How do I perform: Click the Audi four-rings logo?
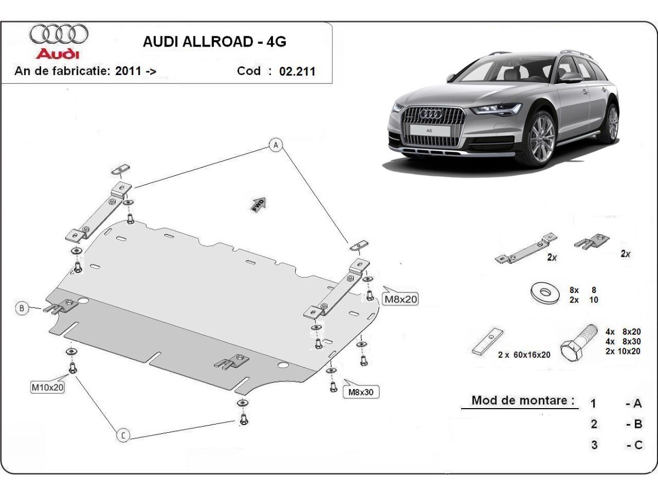click(x=59, y=34)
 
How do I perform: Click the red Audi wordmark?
click(x=58, y=54)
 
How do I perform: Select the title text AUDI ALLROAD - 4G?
click(x=214, y=42)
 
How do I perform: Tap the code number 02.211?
click(x=297, y=71)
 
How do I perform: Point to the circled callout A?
click(x=276, y=145)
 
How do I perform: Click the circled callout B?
click(x=21, y=308)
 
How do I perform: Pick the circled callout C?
click(x=123, y=435)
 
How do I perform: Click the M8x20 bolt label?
click(x=400, y=299)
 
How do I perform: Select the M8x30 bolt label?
click(x=361, y=392)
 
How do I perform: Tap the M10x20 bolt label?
click(x=47, y=387)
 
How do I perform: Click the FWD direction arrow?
click(x=259, y=203)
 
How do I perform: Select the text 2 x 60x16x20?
click(x=524, y=354)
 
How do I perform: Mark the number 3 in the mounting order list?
click(x=594, y=445)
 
